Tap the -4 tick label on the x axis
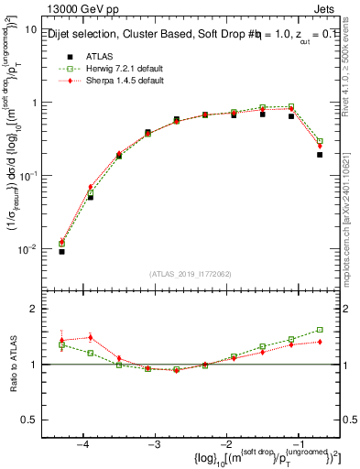[x=82, y=444]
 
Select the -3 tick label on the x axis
[x=153, y=444]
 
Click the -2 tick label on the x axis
[x=225, y=444]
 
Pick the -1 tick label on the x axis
[x=297, y=444]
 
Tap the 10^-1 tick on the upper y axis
[x=28, y=176]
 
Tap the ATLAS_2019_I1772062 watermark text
[x=190, y=274]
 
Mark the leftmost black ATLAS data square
[x=61, y=251]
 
